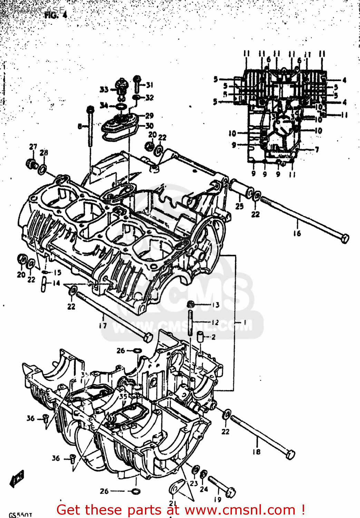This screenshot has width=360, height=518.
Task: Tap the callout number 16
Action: (297, 233)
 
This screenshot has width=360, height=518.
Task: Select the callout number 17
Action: (103, 325)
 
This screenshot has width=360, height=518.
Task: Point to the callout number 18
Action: (256, 452)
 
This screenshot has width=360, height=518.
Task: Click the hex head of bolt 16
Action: (344, 239)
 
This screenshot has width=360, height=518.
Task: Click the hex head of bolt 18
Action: (291, 454)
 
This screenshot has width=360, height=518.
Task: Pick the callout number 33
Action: (104, 90)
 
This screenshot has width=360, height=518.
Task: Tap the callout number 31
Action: (149, 85)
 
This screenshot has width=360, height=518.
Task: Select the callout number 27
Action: (33, 146)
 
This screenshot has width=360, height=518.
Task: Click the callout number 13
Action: (216, 305)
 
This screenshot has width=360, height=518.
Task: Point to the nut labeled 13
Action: (190, 304)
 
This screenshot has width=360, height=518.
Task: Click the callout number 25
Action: (240, 206)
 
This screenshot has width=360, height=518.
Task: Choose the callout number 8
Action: (80, 126)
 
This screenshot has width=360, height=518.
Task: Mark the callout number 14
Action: (56, 284)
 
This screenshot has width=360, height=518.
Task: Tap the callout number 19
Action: (217, 499)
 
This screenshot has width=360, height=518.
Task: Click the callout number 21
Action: (173, 503)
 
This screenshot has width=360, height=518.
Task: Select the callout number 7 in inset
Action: (317, 150)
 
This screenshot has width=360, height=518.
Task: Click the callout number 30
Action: (149, 126)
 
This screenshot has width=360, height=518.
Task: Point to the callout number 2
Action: (213, 337)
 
